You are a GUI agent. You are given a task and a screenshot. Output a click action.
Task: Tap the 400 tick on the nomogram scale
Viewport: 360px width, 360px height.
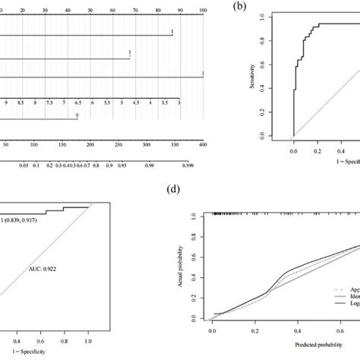202,142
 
